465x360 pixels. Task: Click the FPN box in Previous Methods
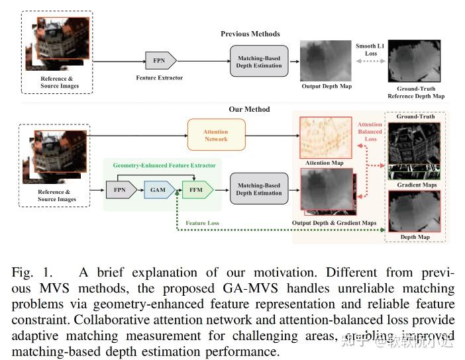click(160, 61)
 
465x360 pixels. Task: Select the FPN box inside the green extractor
click(119, 190)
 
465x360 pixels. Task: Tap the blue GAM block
click(158, 190)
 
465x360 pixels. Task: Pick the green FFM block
click(197, 190)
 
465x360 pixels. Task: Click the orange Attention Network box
click(216, 135)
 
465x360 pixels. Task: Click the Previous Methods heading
click(250, 34)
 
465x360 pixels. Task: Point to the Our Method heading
click(249, 109)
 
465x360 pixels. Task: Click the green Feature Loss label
click(202, 224)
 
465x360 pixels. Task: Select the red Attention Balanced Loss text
click(370, 131)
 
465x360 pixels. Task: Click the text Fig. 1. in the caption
click(32, 273)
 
